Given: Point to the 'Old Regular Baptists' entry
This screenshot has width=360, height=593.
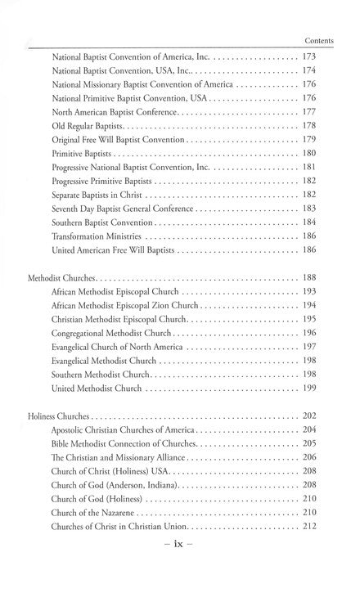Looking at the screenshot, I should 88,125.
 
